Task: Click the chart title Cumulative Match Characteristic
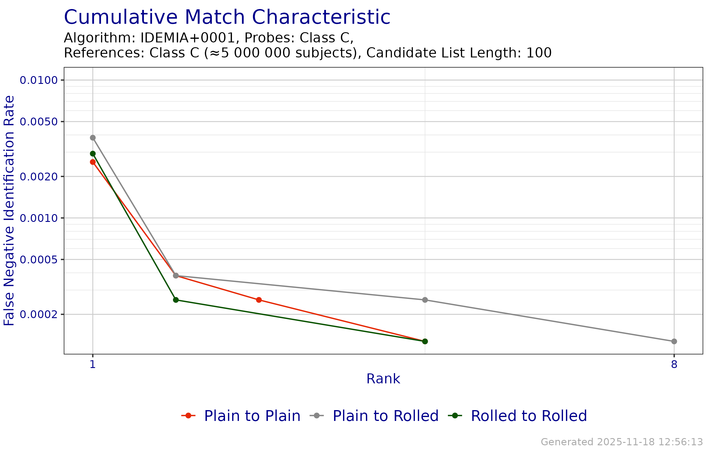[227, 17]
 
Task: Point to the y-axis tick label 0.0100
[39, 80]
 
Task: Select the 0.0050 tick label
[39, 122]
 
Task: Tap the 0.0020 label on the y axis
[39, 176]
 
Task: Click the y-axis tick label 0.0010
[39, 218]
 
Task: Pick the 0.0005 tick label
[39, 259]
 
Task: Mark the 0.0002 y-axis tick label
[39, 314]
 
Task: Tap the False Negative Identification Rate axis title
[9, 210]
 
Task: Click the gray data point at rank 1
[93, 138]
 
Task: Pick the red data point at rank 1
[93, 162]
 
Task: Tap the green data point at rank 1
[93, 154]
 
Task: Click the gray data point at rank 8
[674, 341]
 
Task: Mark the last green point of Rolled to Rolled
[425, 341]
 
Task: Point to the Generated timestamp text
[622, 442]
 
